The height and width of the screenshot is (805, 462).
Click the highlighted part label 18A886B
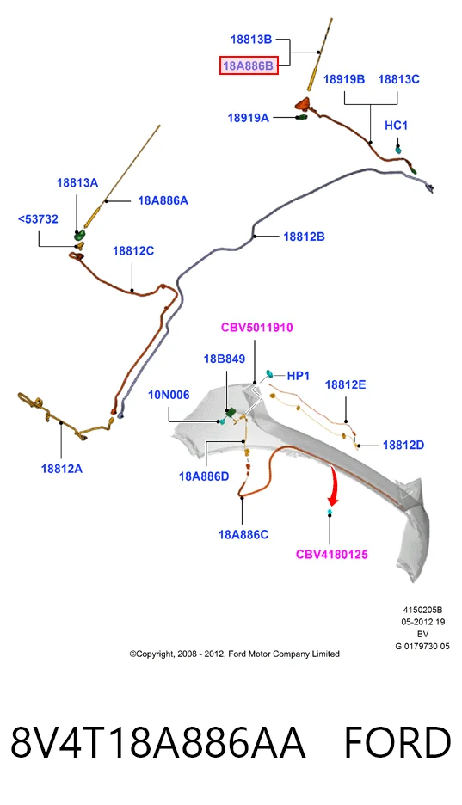click(249, 65)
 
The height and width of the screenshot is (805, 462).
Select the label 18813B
click(251, 39)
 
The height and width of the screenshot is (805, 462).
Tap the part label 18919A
click(249, 118)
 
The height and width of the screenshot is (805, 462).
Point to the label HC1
click(397, 126)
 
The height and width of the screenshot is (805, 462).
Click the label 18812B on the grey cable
click(304, 237)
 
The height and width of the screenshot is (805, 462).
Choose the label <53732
click(38, 219)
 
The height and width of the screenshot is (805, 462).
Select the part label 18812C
click(133, 251)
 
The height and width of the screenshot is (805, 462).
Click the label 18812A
click(62, 469)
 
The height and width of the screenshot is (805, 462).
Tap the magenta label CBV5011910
click(257, 328)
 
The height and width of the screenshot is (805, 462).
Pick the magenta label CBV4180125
click(332, 555)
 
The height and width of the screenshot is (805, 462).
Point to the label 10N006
click(169, 395)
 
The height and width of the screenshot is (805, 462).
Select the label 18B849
click(225, 359)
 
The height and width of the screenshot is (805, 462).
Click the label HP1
click(299, 376)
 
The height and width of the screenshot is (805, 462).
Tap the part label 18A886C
click(243, 534)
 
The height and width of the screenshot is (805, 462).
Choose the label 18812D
click(403, 446)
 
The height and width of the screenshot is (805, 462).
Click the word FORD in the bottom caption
click(397, 743)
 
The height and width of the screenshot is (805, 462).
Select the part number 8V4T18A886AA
click(158, 743)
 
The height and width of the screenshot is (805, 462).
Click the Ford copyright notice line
click(235, 654)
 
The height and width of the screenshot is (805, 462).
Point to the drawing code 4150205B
click(422, 610)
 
